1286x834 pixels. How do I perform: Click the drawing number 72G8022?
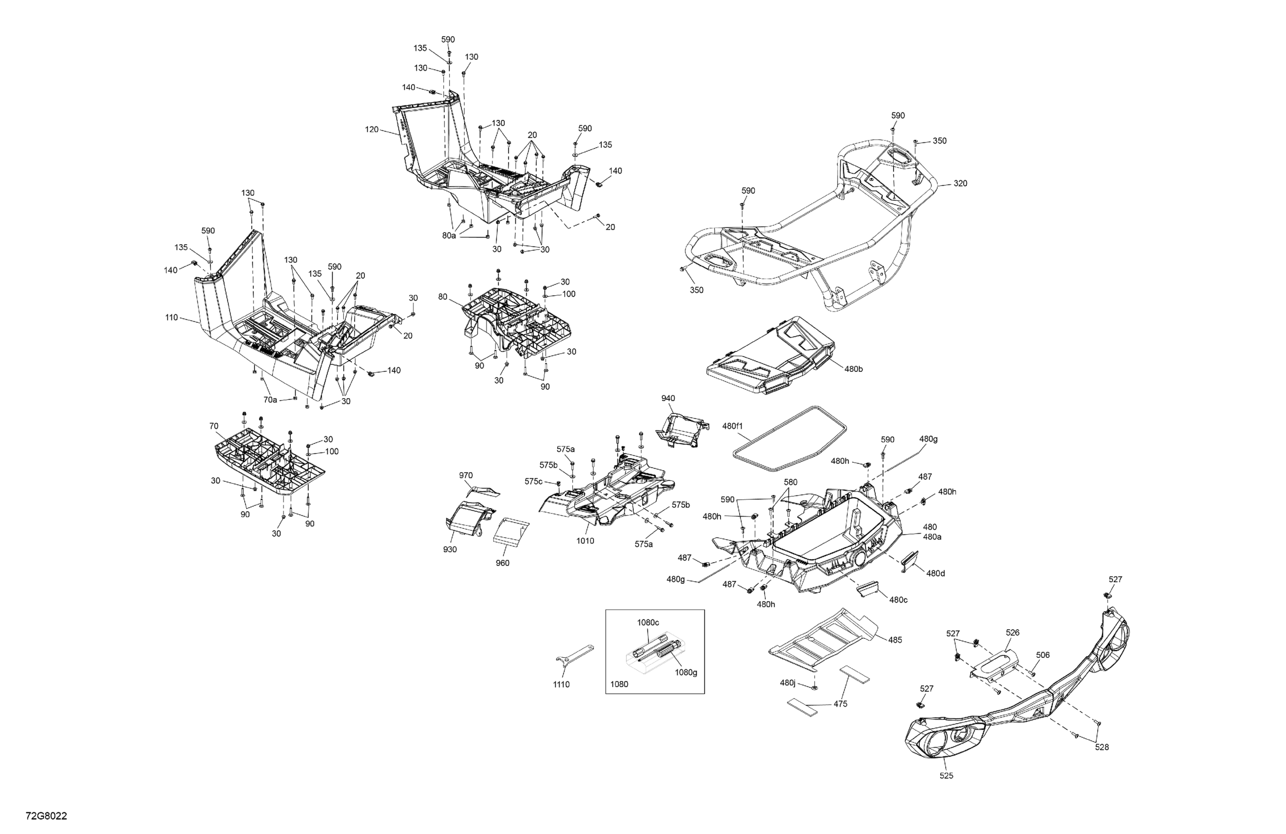coord(47,816)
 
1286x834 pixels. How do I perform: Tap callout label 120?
coord(372,130)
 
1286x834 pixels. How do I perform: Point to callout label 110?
coord(171,318)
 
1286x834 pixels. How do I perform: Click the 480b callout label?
coord(854,369)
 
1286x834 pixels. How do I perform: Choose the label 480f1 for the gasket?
coord(733,426)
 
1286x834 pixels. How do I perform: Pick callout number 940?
coord(668,398)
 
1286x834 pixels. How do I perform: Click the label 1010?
coord(585,541)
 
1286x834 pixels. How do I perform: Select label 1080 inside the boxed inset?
coord(619,684)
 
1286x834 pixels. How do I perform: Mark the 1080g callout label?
coord(686,673)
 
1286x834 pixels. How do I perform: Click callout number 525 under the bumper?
coord(947,776)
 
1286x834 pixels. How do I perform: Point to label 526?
coord(1013,632)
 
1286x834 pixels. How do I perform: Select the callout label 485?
coord(895,640)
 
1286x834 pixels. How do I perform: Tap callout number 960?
coord(503,563)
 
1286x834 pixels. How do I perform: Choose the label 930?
coord(450,549)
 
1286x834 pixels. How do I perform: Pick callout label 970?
coord(466,476)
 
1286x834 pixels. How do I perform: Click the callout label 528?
coord(1102,747)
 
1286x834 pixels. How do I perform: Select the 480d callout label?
coord(936,573)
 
